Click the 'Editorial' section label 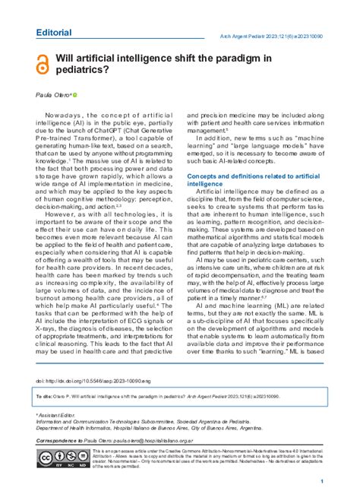tap(54, 33)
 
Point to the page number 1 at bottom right tap(323, 482)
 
